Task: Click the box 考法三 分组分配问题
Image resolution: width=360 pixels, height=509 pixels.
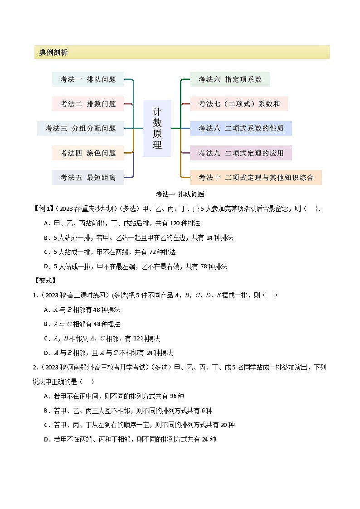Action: click(x=80, y=128)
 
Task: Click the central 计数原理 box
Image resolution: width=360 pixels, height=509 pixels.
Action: click(x=157, y=128)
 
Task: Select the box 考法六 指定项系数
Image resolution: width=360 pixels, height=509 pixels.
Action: click(x=230, y=79)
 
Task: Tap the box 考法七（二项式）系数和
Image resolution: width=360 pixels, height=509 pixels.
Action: click(x=239, y=104)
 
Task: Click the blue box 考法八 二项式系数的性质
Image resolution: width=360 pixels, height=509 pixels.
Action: click(x=241, y=128)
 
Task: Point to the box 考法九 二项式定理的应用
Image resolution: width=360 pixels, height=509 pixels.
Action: click(x=241, y=153)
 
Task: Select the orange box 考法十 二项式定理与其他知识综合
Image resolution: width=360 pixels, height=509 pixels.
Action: click(x=256, y=177)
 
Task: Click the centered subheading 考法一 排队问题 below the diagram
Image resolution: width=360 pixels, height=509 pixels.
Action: click(x=180, y=194)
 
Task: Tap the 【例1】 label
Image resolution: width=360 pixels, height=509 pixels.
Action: click(x=44, y=208)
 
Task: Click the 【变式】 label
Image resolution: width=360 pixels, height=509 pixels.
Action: click(x=44, y=281)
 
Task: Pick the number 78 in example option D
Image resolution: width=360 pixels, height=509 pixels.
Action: click(x=202, y=267)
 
